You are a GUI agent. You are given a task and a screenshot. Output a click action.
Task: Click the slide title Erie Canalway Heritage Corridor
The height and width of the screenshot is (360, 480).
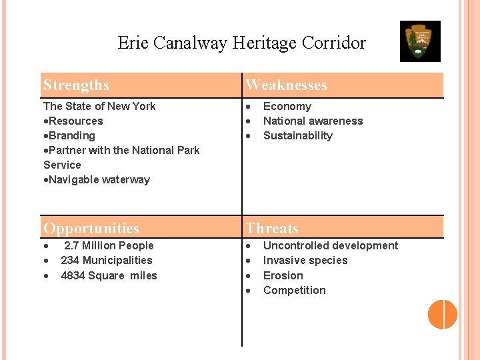point(241,43)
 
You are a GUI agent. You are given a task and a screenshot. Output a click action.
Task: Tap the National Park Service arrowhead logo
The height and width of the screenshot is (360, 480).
point(420,41)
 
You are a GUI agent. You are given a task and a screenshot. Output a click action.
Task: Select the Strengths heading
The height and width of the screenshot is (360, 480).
point(76,85)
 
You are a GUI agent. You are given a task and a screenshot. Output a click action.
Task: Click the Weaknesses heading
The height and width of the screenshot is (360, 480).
point(286,85)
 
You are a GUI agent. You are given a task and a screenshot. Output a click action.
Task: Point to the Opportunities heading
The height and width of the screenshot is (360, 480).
point(91,228)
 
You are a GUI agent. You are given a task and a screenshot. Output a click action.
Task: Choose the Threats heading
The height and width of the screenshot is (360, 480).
point(272,228)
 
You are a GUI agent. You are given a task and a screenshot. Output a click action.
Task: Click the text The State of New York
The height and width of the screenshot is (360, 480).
point(99,106)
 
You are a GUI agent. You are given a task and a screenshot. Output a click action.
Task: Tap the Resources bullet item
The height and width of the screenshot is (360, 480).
point(75,121)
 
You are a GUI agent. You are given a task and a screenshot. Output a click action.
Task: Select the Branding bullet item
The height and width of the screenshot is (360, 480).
point(71,135)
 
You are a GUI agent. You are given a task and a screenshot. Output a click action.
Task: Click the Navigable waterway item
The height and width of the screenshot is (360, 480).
point(99,179)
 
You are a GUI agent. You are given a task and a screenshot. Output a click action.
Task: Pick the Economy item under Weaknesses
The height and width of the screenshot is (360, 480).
point(287,106)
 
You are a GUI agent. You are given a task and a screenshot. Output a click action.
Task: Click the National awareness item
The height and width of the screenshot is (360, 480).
point(313,121)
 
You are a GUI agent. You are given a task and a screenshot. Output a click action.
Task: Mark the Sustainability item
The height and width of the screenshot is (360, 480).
point(297,135)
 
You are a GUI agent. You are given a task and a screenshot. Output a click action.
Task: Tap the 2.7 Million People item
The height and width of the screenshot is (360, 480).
point(108,245)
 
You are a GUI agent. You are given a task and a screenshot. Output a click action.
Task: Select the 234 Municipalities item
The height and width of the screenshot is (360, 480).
point(106,260)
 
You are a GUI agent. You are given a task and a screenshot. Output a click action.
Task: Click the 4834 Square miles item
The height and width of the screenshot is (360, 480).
point(109,275)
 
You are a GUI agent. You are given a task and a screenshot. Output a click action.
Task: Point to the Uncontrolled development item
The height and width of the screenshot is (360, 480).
point(330,245)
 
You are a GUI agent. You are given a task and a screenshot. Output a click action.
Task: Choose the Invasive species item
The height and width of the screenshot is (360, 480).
point(305,260)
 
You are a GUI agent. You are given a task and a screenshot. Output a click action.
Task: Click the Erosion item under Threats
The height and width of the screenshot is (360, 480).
point(283,275)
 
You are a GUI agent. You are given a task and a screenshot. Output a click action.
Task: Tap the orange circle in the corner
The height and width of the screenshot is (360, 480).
point(442,314)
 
